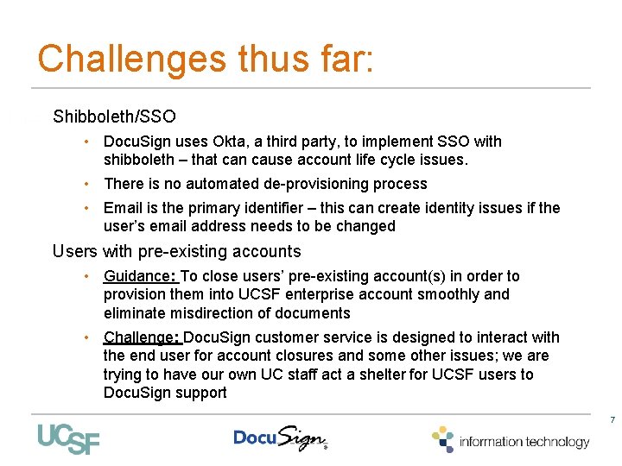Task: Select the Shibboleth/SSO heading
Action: (x=114, y=116)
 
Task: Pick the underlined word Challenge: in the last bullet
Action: (x=143, y=337)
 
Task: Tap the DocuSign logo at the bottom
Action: (x=280, y=438)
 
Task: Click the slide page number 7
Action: (x=612, y=420)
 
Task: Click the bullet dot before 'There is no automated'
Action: (x=89, y=184)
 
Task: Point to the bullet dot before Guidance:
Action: (x=89, y=276)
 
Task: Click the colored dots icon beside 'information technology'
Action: (x=443, y=438)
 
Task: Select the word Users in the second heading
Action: (x=75, y=252)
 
